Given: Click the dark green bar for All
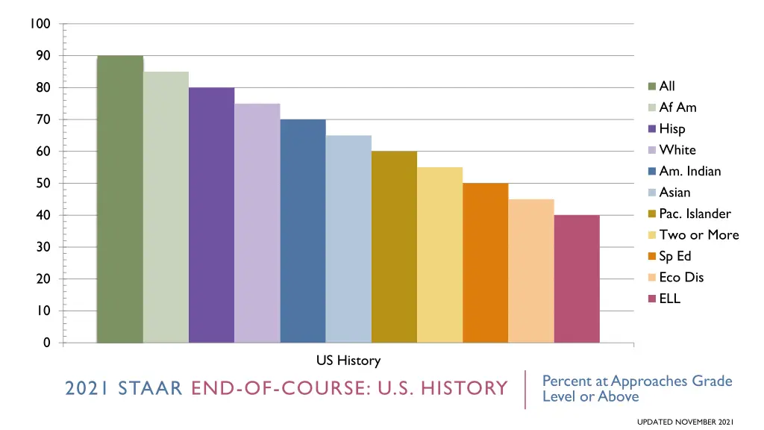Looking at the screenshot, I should point(120,199).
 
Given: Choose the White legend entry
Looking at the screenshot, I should point(677,150).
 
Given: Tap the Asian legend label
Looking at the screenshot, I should point(674,193).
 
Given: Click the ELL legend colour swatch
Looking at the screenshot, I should point(652,299).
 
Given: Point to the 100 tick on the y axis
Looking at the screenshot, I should point(41,24).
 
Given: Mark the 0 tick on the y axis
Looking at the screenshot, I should point(46,343).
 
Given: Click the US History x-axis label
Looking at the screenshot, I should point(348,361).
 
